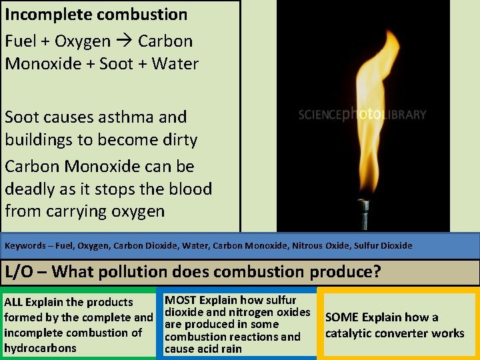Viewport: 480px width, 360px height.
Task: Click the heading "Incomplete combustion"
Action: point(96,14)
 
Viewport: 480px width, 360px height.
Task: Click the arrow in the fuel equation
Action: point(125,41)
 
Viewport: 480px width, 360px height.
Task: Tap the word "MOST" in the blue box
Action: point(181,301)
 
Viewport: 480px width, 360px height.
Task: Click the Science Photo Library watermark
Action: point(362,115)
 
